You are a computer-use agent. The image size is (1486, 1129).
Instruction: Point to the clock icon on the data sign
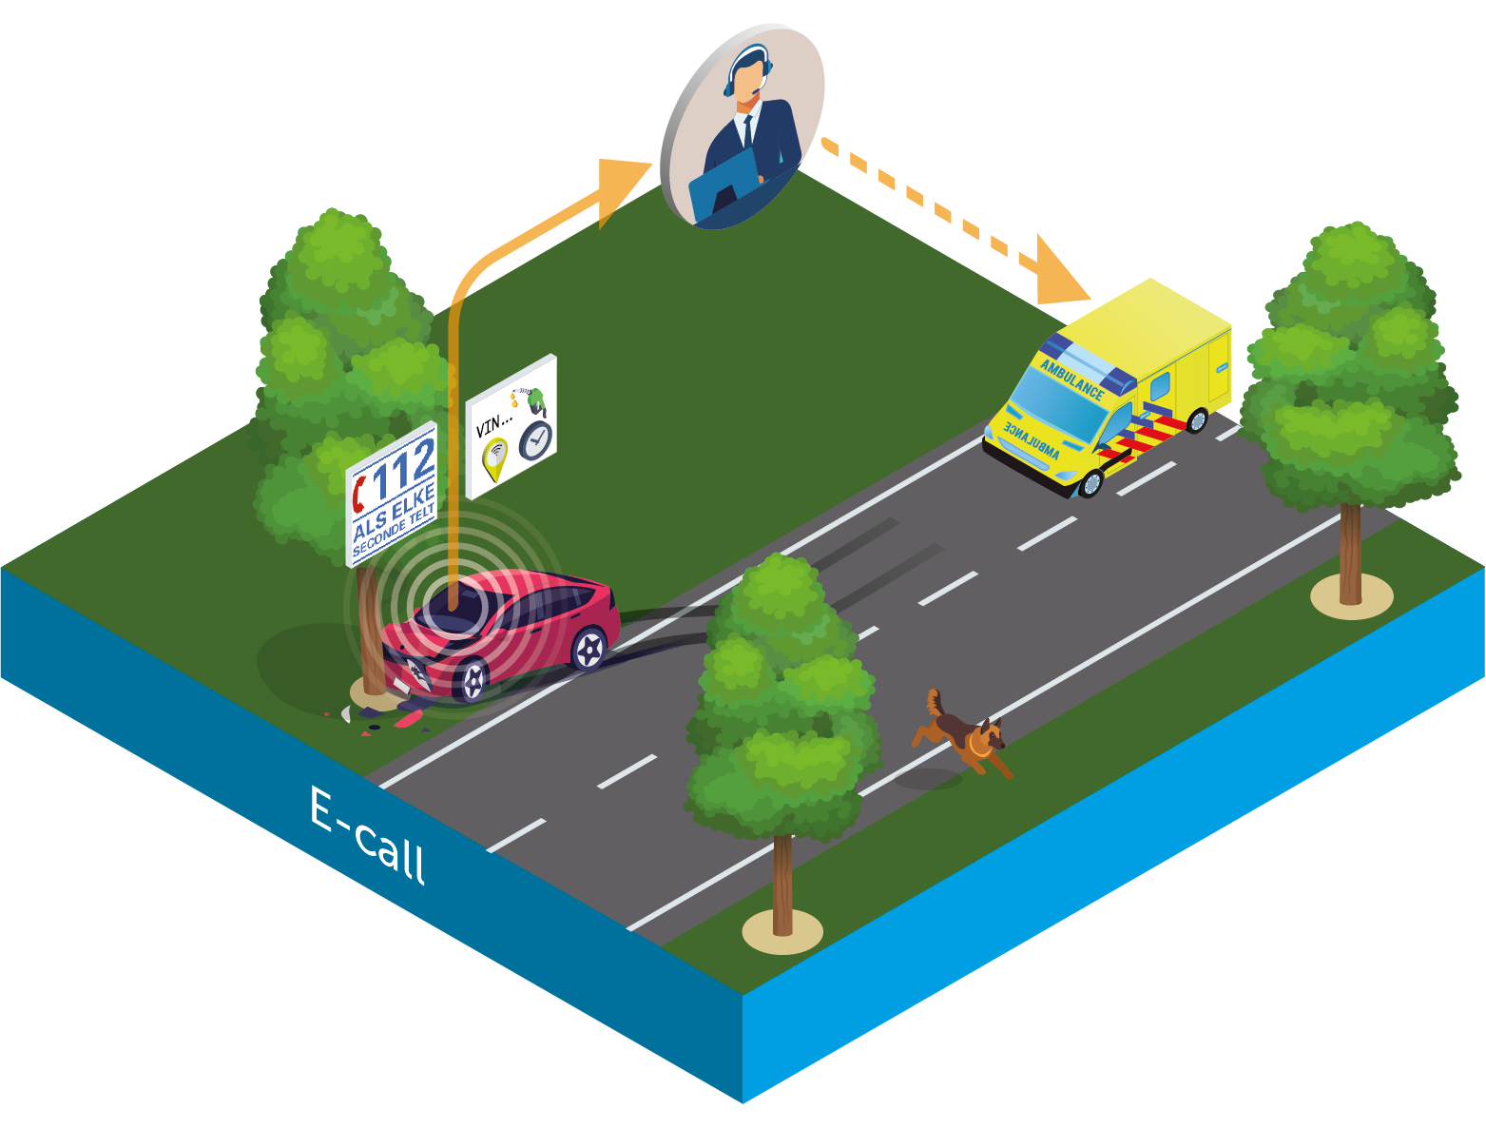point(536,440)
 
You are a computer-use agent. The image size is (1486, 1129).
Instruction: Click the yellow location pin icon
point(494,458)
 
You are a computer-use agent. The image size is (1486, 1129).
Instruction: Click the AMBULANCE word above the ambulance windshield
point(1072,379)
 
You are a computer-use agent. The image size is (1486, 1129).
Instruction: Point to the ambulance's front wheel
point(1090,483)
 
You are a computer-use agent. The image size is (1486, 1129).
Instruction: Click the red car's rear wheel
point(589,649)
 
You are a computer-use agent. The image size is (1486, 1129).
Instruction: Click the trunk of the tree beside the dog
point(782,885)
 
